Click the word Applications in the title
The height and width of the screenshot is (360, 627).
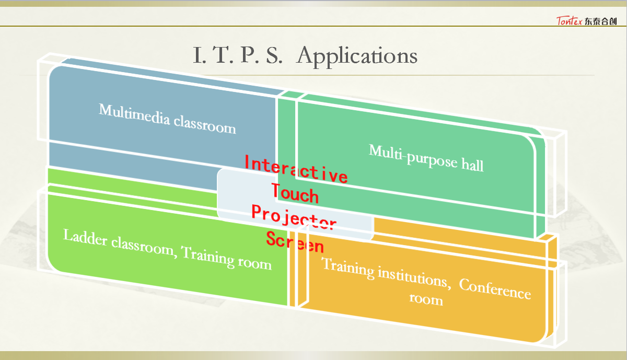[x=357, y=56]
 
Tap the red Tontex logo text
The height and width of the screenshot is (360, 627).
[x=569, y=21]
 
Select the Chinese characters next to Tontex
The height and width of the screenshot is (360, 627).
[x=601, y=21]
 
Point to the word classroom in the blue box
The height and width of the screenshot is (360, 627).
[x=205, y=126]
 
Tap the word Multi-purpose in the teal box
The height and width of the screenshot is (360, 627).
[x=413, y=156]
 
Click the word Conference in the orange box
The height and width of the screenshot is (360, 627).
[x=495, y=289]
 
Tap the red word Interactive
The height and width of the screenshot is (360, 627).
[x=296, y=169]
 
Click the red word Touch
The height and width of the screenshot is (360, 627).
[x=295, y=193]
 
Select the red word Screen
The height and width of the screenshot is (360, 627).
[x=295, y=242]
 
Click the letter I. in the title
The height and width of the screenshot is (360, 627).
[x=200, y=55]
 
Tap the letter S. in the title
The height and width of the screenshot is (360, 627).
[x=274, y=55]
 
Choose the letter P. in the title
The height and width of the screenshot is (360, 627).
[x=250, y=55]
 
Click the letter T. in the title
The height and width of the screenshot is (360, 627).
[x=223, y=55]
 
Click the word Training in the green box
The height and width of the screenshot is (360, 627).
[x=207, y=257]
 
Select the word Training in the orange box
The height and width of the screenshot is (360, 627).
[x=347, y=268]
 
